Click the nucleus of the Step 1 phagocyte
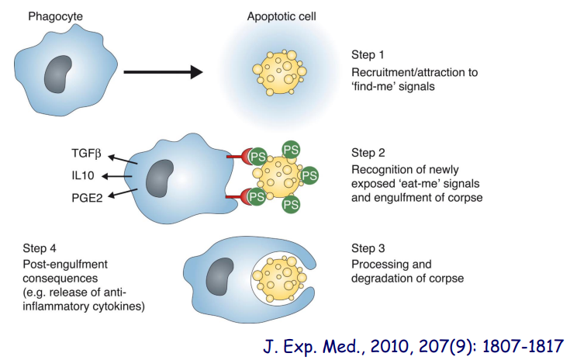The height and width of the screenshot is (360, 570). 59,75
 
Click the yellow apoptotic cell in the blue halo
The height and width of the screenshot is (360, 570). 278,74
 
